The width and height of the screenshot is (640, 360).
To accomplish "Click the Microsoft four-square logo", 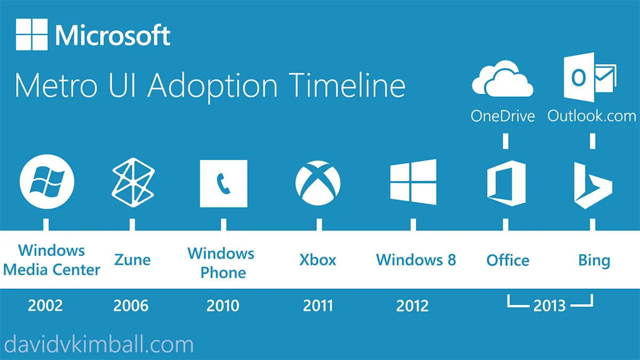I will tap(32, 35).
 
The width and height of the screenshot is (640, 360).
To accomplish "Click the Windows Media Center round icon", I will tap(47, 182).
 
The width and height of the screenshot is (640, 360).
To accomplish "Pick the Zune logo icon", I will tap(133, 183).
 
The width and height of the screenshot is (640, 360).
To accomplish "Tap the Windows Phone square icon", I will tap(223, 183).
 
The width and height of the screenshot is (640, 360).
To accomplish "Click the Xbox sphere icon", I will tap(318, 183).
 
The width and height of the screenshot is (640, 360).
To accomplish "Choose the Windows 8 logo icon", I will tap(413, 182).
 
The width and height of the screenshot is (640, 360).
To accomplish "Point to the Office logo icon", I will tap(506, 183).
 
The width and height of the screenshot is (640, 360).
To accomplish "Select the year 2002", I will tap(45, 306).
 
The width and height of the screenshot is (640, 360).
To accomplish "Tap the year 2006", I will tap(131, 306).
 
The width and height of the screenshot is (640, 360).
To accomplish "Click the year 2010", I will tap(223, 306).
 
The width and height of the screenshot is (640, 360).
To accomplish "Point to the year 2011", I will tap(318, 306).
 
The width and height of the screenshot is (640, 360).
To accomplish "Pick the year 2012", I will tap(412, 306).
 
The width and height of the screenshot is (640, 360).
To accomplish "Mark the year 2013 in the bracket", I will tap(549, 306).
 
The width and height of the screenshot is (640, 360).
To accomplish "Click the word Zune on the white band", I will tap(132, 260).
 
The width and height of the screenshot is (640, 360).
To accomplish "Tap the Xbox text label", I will tap(318, 260).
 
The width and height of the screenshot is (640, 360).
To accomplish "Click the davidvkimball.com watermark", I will tap(98, 345).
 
